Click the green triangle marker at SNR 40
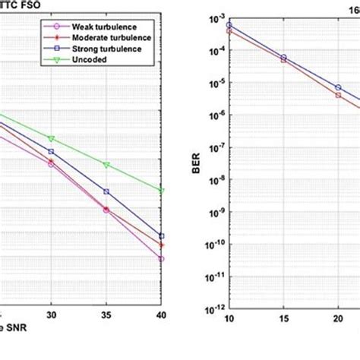(162, 191)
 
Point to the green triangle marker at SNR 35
(106, 165)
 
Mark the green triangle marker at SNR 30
(51, 139)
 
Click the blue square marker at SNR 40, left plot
(162, 236)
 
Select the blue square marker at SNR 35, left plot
(106, 191)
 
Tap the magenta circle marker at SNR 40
(162, 259)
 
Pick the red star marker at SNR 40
(162, 245)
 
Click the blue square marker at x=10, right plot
(229, 25)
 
